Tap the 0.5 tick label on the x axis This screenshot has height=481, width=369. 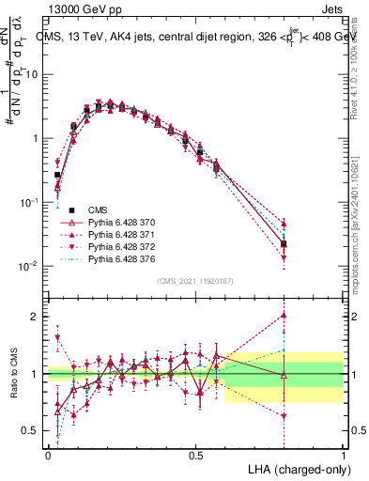click(x=195, y=454)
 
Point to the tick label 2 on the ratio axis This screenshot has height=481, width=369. click(x=38, y=317)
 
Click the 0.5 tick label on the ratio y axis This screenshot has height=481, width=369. click(x=33, y=431)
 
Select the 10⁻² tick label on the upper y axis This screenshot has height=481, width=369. click(x=32, y=266)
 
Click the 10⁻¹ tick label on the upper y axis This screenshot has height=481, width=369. click(x=32, y=202)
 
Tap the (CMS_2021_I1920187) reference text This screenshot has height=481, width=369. click(x=195, y=281)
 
